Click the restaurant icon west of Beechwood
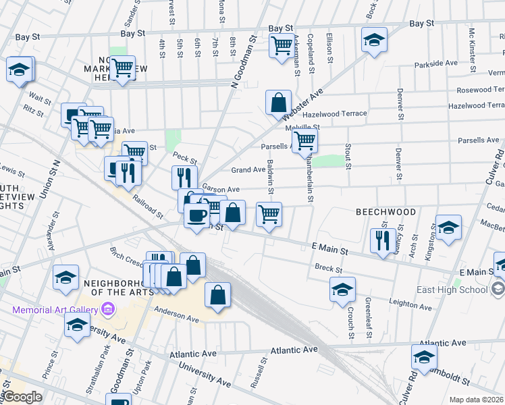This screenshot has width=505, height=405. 383,240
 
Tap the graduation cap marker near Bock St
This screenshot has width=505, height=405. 374,40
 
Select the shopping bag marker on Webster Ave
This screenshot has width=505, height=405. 278,103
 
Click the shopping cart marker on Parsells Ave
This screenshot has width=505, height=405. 305,141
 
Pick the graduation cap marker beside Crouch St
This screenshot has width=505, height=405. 342,290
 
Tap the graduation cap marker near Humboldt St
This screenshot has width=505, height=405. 425,357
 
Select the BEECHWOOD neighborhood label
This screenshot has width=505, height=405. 386,211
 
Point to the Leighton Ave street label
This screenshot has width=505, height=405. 410,304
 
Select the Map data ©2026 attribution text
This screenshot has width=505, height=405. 475,400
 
